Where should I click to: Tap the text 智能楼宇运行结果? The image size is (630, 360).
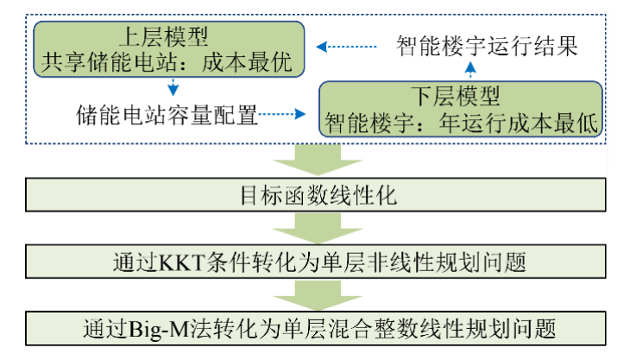click(487, 44)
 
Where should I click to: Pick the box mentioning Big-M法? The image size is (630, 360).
click(316, 328)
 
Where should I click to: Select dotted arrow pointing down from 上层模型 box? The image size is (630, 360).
click(173, 87)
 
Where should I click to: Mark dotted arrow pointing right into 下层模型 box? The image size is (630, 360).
click(285, 113)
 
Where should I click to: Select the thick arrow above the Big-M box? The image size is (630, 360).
click(316, 294)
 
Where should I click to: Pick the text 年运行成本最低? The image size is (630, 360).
click(526, 122)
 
